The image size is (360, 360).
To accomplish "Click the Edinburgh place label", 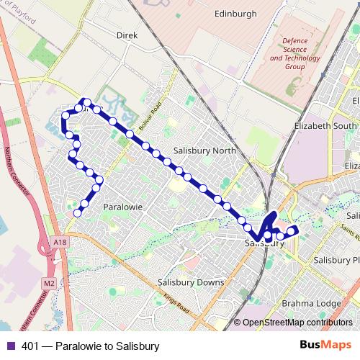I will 235,13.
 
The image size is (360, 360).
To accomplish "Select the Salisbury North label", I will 204,151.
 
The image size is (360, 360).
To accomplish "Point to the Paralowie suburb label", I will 124,207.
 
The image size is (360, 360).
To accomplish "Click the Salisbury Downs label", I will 191,282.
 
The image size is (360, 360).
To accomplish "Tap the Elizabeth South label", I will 326,125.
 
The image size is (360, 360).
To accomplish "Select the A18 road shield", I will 60,243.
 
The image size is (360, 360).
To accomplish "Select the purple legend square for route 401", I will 12,346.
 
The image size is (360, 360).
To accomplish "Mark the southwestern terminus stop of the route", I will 77,212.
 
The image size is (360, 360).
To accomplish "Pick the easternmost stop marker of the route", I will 294,230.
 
